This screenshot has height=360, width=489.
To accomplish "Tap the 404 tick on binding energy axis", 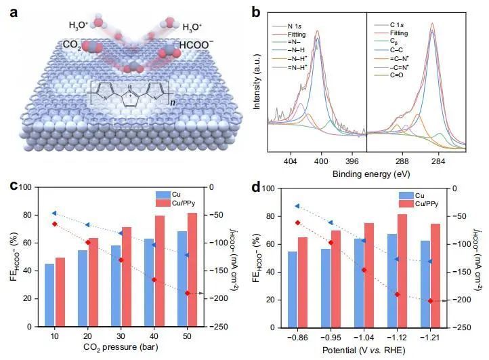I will coord(291,163).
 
